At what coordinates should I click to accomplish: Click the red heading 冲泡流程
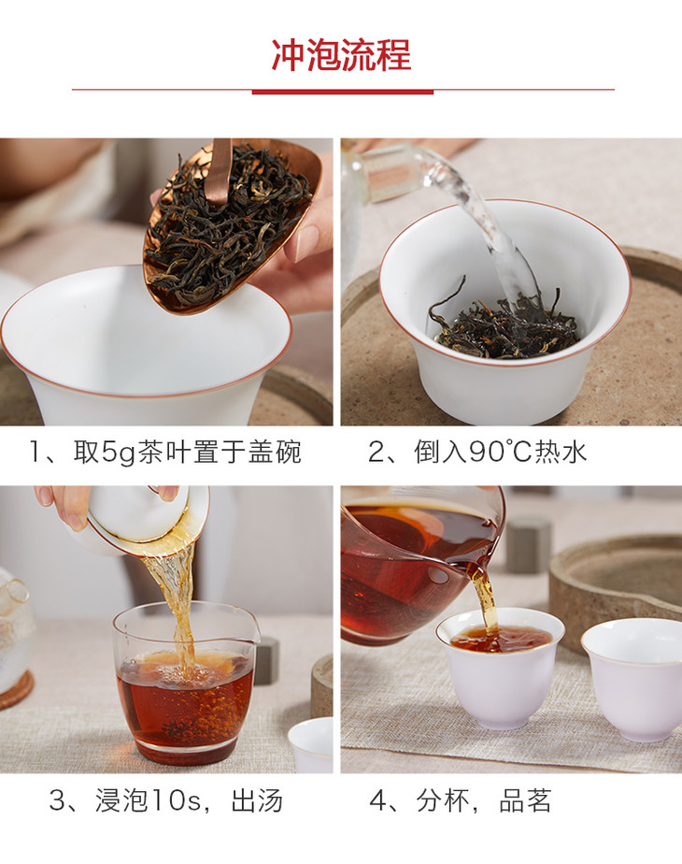click(x=341, y=56)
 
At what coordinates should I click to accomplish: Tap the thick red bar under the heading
click(x=342, y=92)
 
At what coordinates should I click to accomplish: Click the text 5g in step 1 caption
click(x=119, y=453)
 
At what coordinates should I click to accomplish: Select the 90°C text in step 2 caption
click(x=500, y=452)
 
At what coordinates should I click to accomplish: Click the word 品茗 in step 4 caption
click(x=525, y=800)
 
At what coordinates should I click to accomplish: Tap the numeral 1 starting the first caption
click(x=36, y=453)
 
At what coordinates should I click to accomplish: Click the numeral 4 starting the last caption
click(x=377, y=801)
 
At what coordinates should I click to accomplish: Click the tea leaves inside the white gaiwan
click(x=504, y=328)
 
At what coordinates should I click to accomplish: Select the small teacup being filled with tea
click(x=500, y=668)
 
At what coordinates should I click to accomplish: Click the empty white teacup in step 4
click(x=633, y=679)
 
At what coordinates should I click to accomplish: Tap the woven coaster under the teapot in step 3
click(x=15, y=691)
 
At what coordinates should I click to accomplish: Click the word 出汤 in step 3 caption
click(x=257, y=801)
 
